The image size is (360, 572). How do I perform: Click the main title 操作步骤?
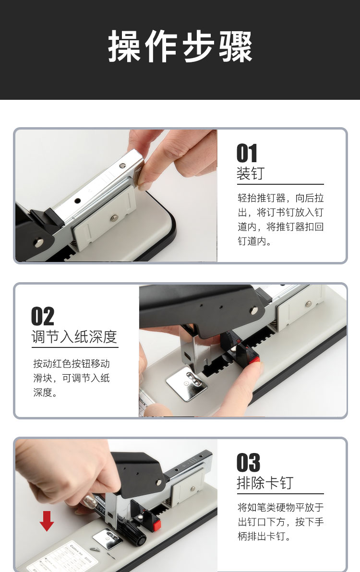[x=180, y=46]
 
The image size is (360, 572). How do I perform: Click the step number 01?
[x=247, y=153]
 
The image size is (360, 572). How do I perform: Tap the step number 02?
[x=43, y=316]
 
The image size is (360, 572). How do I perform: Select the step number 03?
[x=248, y=463]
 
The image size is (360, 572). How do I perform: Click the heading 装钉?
[x=250, y=173]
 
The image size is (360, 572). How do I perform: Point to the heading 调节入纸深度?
[x=74, y=337]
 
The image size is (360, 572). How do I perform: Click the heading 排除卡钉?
[x=265, y=483]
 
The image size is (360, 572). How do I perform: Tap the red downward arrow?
[x=47, y=521]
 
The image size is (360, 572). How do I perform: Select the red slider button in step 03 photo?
[x=157, y=525]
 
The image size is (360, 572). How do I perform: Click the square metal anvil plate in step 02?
[x=187, y=384]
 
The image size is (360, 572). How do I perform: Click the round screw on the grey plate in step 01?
[x=114, y=218]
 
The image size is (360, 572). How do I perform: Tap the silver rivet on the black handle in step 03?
[x=159, y=482]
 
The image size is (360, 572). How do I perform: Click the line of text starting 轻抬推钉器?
[x=280, y=198]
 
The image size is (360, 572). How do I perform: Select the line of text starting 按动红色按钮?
[x=72, y=364]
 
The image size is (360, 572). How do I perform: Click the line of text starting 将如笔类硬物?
[x=280, y=507]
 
